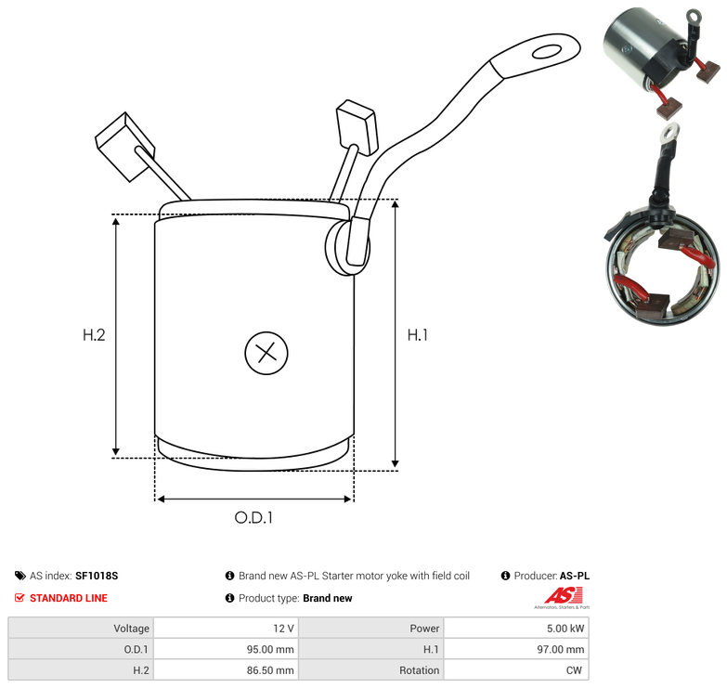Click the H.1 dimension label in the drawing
(x=417, y=335)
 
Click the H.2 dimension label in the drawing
(x=94, y=335)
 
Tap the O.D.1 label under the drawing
(x=253, y=517)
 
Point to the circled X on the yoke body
(x=266, y=353)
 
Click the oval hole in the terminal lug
(x=547, y=51)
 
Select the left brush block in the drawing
(x=124, y=147)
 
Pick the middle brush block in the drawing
(x=357, y=127)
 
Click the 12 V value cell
(x=283, y=629)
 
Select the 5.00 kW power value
(x=565, y=629)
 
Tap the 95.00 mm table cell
(x=270, y=649)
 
